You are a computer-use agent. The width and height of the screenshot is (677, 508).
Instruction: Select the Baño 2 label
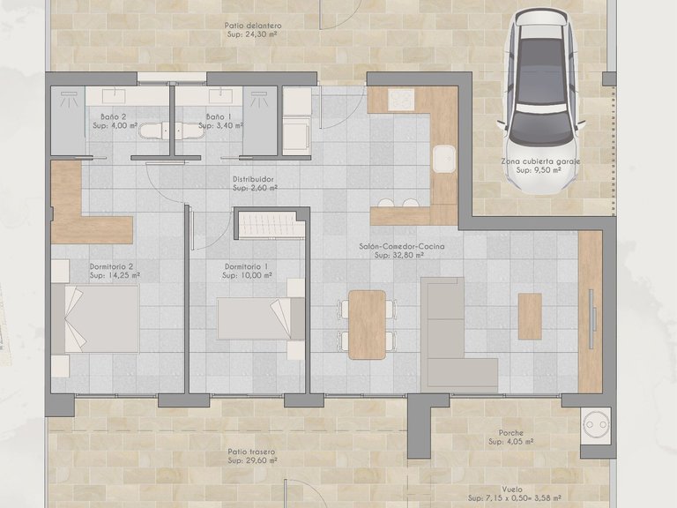114,116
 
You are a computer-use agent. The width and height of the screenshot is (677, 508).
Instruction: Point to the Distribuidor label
255,179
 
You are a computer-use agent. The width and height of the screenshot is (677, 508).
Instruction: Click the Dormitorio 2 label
111,266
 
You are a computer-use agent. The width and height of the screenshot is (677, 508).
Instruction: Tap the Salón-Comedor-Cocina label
401,247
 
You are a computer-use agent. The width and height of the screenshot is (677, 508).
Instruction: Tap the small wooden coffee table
530,316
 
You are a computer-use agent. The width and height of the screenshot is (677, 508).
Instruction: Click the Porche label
511,433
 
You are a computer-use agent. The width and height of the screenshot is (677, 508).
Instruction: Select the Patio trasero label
251,452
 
